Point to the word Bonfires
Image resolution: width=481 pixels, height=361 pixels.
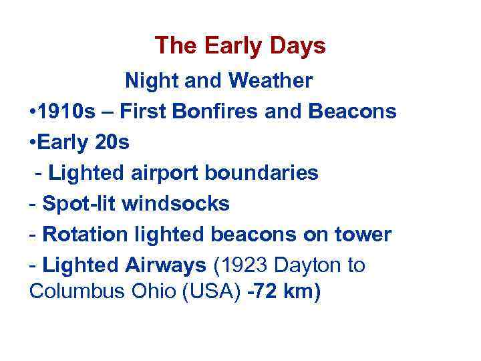[215, 112]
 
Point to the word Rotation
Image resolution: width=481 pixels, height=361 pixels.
[84, 235]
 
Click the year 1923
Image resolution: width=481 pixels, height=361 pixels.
[243, 266]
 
